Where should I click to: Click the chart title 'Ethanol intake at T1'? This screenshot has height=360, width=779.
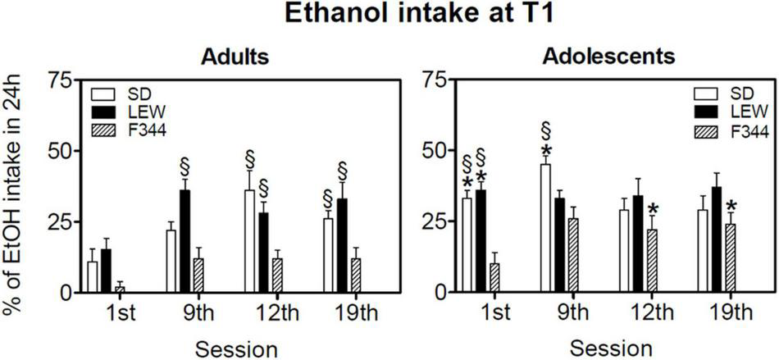389,16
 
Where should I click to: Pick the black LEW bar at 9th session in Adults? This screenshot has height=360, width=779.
185,241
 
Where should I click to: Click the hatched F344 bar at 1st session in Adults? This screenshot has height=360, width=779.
120,289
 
